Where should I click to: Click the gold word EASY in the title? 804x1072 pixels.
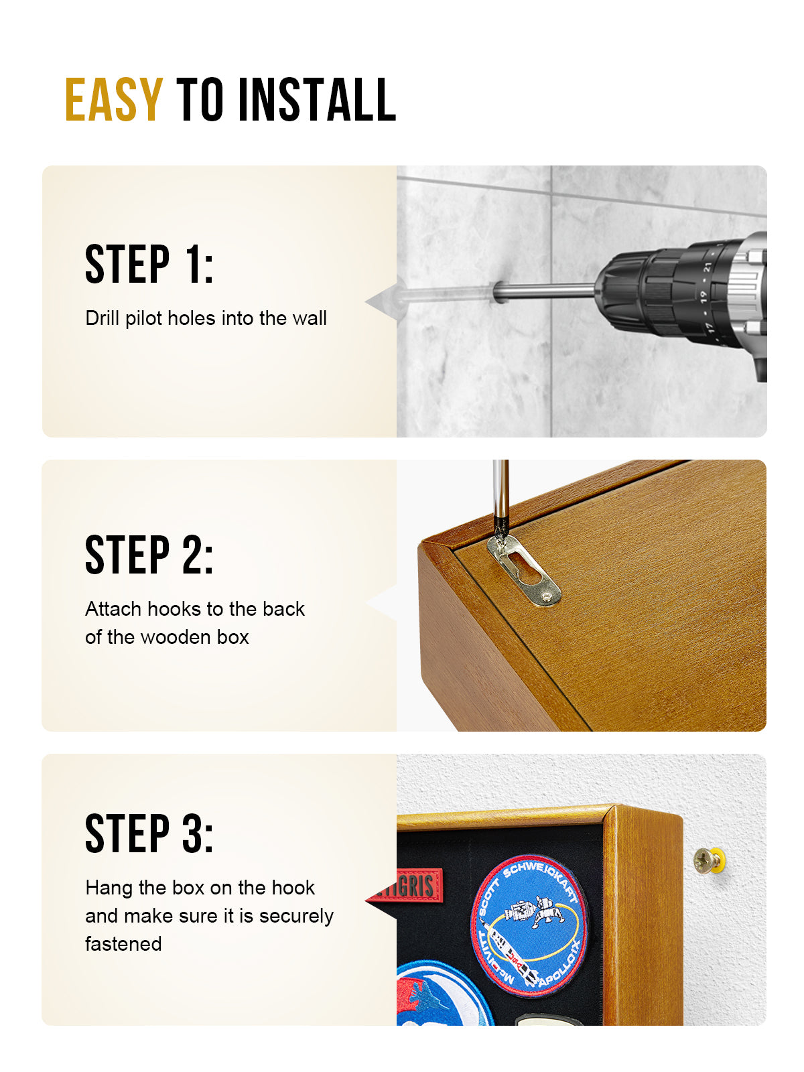coord(113,100)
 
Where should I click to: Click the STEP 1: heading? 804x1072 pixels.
coord(149,265)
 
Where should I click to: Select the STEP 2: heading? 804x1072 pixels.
coord(149,555)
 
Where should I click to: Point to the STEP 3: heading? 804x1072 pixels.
coord(149,833)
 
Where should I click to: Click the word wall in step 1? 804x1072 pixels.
coord(310,318)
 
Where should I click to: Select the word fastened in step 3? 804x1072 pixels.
coord(123,944)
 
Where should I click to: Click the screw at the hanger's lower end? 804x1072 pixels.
coord(549,594)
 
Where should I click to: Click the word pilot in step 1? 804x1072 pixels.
coord(144,318)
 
